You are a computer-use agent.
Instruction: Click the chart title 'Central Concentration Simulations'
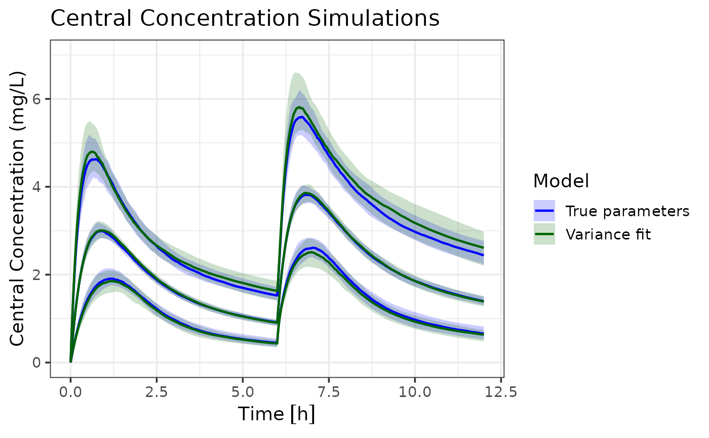[245, 19]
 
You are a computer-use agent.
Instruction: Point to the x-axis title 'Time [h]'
[277, 414]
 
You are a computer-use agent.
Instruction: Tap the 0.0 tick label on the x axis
[70, 393]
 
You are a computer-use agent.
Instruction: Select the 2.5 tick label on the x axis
[156, 393]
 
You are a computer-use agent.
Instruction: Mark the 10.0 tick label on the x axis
[415, 393]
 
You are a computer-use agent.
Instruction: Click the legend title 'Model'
[561, 181]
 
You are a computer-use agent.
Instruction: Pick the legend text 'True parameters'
[627, 211]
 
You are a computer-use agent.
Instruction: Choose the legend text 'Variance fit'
[608, 234]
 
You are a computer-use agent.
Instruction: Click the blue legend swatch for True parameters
[544, 211]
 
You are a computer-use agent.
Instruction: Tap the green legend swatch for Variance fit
[544, 234]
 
